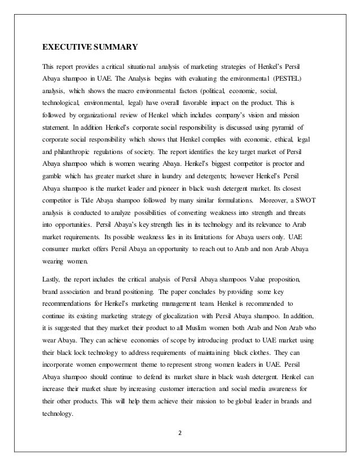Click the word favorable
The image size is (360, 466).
(x=206, y=103)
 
